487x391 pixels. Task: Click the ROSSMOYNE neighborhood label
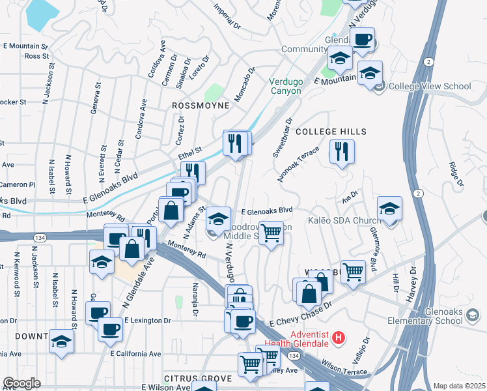(x=201, y=105)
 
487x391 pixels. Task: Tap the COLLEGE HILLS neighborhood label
(x=331, y=132)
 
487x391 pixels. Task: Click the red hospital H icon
(x=339, y=337)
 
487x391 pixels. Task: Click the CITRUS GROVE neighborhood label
(x=198, y=379)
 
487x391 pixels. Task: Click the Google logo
(x=21, y=383)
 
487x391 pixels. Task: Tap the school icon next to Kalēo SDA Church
(x=389, y=209)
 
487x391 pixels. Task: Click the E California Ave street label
(x=135, y=354)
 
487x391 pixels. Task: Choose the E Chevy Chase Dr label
(x=301, y=313)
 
